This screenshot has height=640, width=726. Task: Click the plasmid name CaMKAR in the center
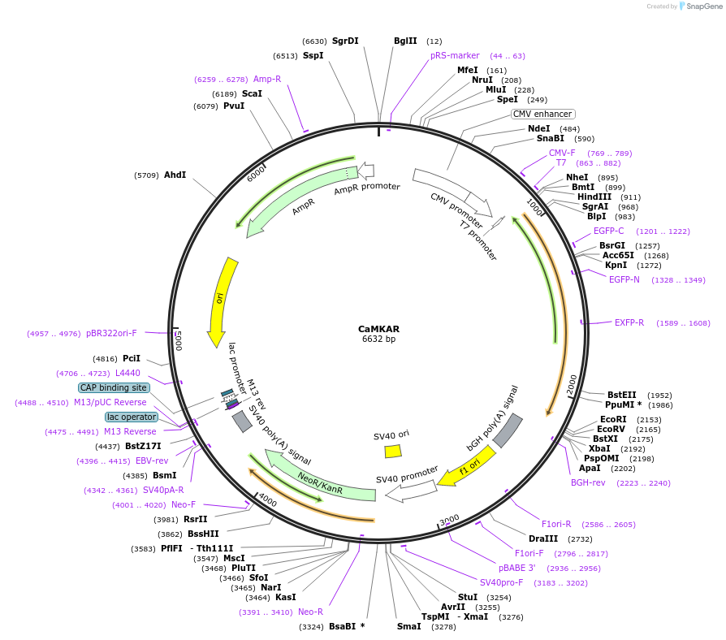click(x=378, y=329)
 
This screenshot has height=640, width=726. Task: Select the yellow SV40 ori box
click(x=393, y=451)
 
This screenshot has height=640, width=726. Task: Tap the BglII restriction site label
click(x=405, y=41)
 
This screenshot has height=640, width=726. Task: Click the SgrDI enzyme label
click(x=345, y=41)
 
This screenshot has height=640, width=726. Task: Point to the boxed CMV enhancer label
click(x=542, y=114)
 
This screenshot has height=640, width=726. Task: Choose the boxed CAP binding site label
click(x=114, y=387)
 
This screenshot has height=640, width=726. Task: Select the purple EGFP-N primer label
click(x=624, y=279)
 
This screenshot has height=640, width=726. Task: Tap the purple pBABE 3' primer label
click(x=516, y=568)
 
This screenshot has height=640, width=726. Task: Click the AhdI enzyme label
click(x=175, y=175)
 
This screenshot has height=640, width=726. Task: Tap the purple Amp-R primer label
click(x=267, y=79)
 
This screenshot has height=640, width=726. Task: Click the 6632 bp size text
click(x=378, y=339)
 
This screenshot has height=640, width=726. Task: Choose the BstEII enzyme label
click(x=622, y=395)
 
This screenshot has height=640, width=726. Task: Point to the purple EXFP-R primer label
click(x=629, y=322)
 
